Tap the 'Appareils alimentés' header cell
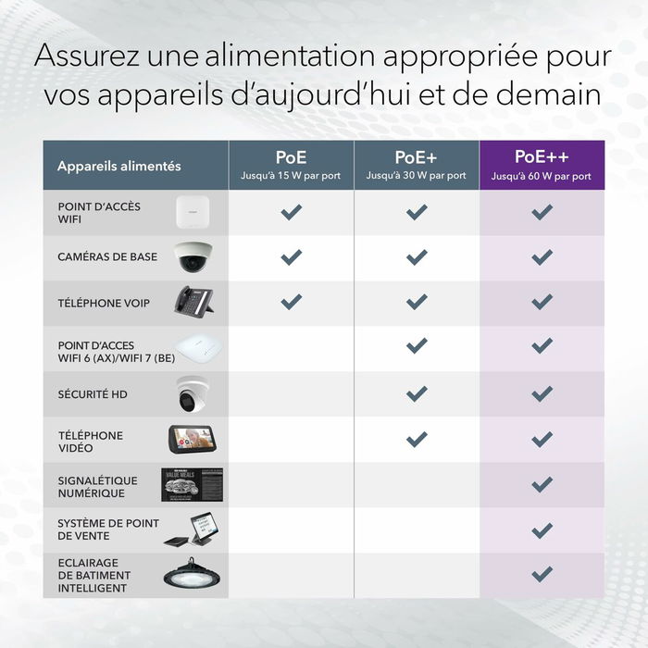[118, 167]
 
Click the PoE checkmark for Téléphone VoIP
[292, 301]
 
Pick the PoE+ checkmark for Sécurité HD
[417, 393]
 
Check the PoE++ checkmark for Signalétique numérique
[542, 484]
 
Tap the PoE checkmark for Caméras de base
[292, 256]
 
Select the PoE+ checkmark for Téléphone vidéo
[417, 439]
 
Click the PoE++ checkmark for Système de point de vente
[542, 530]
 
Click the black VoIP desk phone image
[195, 302]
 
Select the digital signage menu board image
[193, 484]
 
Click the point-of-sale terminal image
[193, 530]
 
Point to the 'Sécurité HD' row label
[93, 394]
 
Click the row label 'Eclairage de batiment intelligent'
[94, 575]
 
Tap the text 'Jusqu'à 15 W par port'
[291, 175]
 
